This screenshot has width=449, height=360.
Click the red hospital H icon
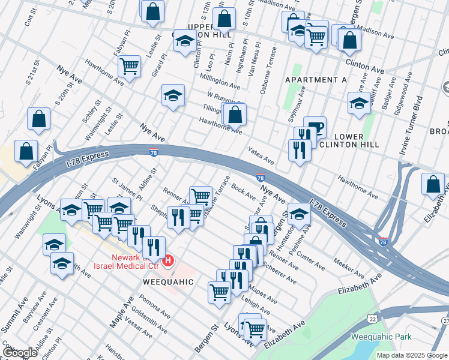(x=169, y=260)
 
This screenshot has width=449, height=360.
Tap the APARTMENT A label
(x=316, y=80)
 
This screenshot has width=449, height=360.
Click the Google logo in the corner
(x=20, y=352)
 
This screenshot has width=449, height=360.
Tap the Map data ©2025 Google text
(x=411, y=355)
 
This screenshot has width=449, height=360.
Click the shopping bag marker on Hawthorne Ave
(x=236, y=113)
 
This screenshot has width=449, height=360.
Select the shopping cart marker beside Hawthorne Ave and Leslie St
(x=130, y=66)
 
